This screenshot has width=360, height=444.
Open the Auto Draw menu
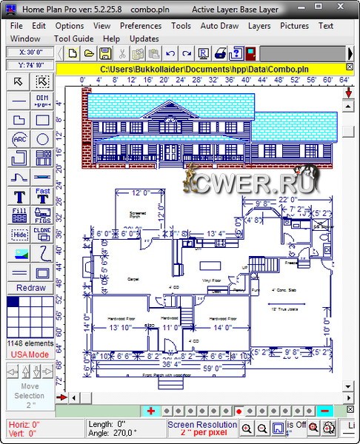219,26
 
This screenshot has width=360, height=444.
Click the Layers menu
259,26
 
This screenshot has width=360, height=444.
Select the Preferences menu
141,26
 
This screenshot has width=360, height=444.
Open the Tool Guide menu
73,38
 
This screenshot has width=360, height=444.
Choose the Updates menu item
144,38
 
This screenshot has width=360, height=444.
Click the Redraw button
30,288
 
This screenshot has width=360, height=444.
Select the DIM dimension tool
42,101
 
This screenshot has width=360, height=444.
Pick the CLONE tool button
42,234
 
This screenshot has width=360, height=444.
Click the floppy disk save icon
105,53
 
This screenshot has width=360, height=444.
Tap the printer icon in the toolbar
220,53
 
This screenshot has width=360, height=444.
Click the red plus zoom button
150,411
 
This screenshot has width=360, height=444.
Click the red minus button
324,411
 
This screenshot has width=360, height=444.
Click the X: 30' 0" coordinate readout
30,53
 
